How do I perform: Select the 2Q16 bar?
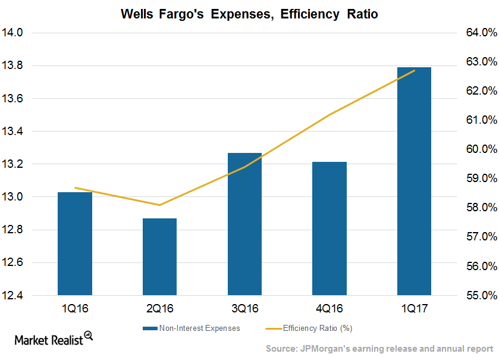click(x=159, y=256)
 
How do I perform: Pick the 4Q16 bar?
click(x=329, y=228)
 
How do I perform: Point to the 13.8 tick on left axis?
click(x=18, y=65)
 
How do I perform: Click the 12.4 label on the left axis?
click(x=18, y=295)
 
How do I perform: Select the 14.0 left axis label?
click(x=18, y=33)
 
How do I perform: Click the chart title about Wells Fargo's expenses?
click(x=249, y=14)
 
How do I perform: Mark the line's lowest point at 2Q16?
click(x=159, y=205)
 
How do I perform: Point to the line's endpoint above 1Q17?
click(x=414, y=70)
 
